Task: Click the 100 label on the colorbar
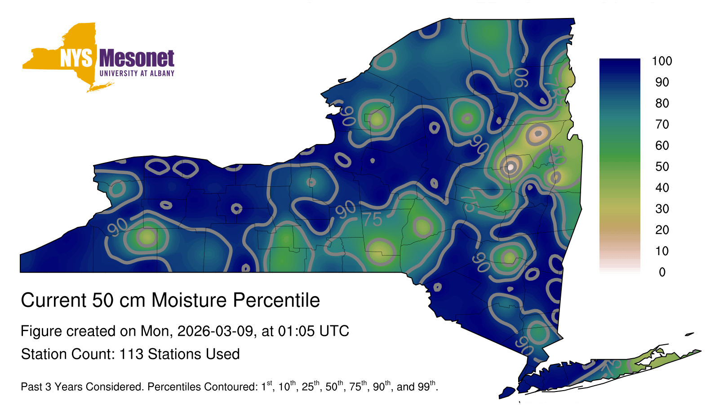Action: tap(662, 61)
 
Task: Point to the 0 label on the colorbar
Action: tap(662, 272)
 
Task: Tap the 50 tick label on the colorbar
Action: tap(662, 166)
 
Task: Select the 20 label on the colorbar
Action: tap(662, 230)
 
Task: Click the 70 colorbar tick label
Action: tap(662, 124)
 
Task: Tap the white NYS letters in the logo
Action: tap(76, 58)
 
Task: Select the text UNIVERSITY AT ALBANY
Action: tap(137, 73)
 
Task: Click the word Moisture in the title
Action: tap(189, 300)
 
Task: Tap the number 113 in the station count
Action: tap(131, 354)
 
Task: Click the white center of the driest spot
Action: tap(510, 167)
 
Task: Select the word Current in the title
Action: tap(53, 300)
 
